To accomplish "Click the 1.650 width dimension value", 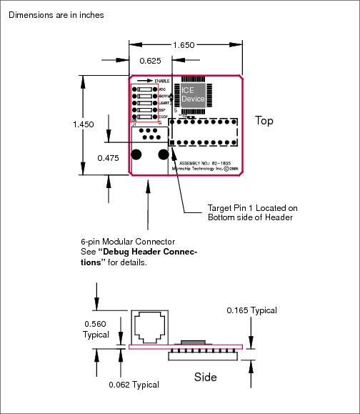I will [x=184, y=45].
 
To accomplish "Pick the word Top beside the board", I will [x=264, y=121].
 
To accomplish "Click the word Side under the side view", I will [x=206, y=376].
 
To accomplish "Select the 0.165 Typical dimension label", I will [x=251, y=310].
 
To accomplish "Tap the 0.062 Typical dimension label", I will [x=134, y=385].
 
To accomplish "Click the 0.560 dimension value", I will [x=95, y=323].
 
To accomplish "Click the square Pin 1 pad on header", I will [x=171, y=143].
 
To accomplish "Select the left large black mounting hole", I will [x=136, y=154].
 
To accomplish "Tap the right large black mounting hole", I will [x=163, y=154].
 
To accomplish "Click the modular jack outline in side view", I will [x=150, y=326].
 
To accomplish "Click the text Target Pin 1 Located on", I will [x=252, y=208].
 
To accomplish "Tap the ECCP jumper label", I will [x=162, y=117].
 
